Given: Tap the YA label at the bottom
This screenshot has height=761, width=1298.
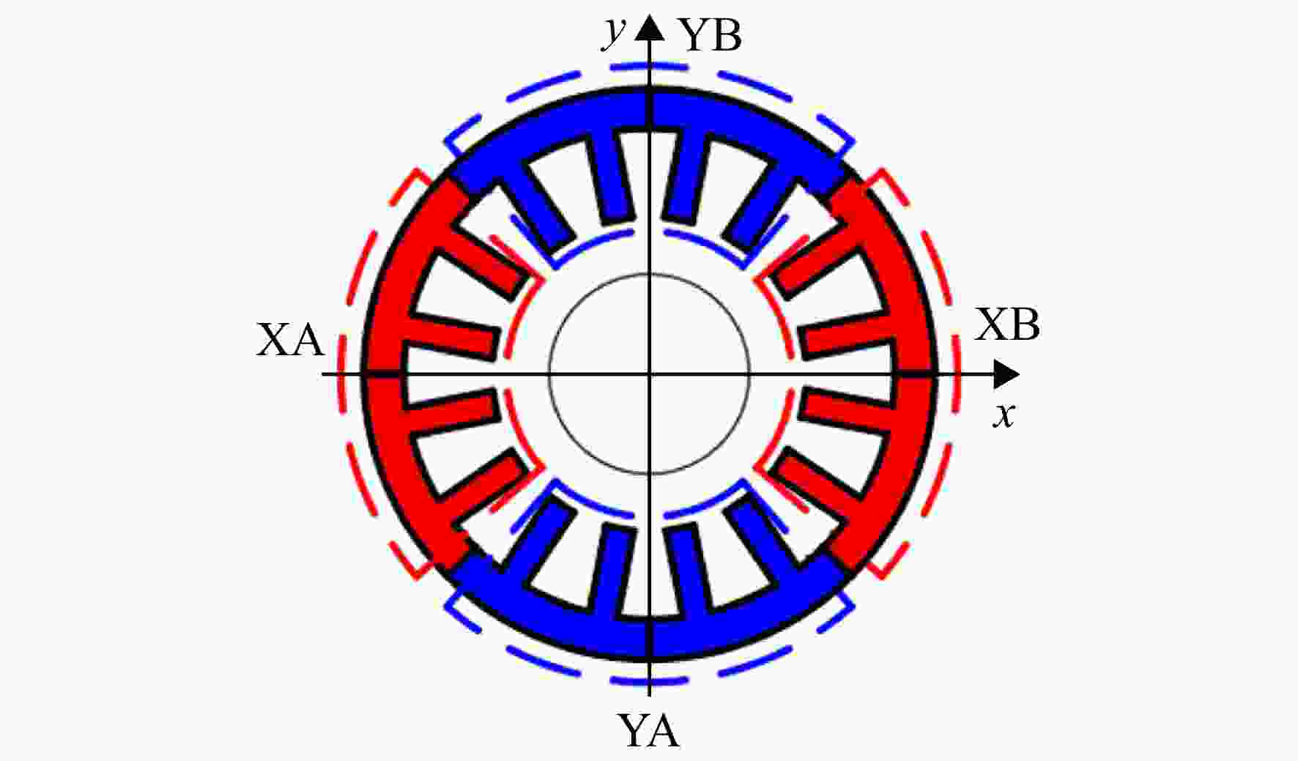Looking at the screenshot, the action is click(649, 730).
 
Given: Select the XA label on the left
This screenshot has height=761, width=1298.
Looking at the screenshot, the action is click(290, 341).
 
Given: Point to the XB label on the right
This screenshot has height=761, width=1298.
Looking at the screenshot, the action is click(1007, 324).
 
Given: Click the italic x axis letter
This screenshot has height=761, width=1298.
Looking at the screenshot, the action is click(1004, 415).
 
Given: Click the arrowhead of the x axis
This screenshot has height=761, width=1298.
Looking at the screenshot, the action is click(1006, 375).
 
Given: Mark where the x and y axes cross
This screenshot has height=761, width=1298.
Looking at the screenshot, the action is click(649, 375).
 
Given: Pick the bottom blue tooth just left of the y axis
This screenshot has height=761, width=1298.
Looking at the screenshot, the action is click(610, 571).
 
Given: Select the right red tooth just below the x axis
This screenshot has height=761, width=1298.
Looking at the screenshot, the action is click(847, 414).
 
